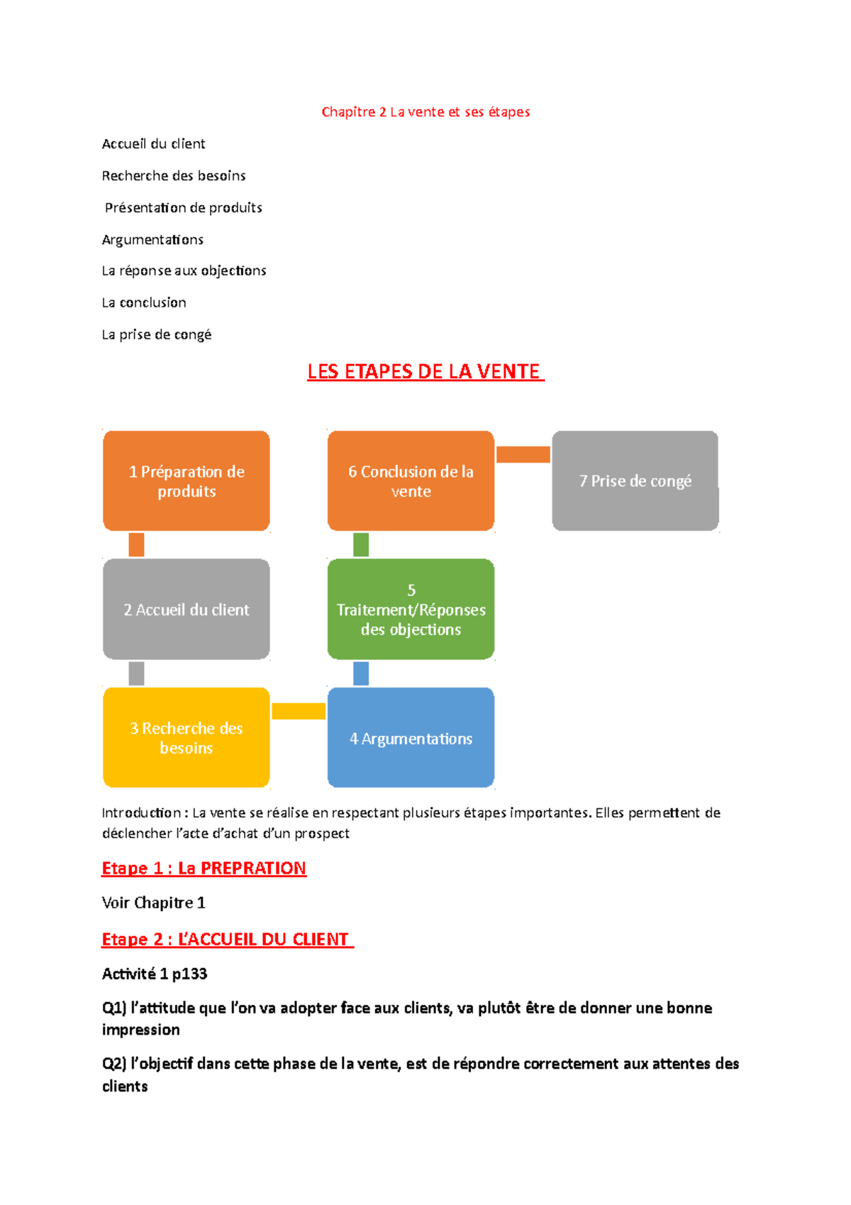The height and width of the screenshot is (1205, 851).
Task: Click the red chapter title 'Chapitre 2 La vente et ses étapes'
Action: (x=425, y=112)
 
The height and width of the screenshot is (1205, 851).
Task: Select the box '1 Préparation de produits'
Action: (x=187, y=481)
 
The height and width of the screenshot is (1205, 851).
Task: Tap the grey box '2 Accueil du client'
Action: (x=187, y=610)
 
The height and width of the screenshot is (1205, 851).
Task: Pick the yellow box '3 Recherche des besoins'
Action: (x=187, y=737)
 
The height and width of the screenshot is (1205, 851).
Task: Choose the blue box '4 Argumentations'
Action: (x=411, y=738)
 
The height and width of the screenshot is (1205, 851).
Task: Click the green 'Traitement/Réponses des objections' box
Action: (x=411, y=610)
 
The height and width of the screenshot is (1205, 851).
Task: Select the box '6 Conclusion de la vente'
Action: (x=411, y=481)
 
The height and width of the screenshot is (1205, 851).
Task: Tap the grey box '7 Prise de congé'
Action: (x=635, y=481)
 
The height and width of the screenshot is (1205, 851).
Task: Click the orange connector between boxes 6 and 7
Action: (x=523, y=455)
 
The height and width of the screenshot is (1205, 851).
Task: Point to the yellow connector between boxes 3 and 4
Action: (x=299, y=711)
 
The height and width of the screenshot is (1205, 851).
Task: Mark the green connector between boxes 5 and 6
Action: (x=361, y=545)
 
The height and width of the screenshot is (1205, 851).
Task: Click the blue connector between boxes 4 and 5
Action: (x=361, y=673)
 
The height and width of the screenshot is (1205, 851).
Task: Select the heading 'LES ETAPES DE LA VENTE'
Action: (x=425, y=372)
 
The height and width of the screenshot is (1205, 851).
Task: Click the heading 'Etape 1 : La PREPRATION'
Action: (x=204, y=869)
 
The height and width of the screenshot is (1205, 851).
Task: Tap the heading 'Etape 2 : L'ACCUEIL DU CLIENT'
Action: (x=226, y=940)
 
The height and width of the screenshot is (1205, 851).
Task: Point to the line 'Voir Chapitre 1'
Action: (x=153, y=903)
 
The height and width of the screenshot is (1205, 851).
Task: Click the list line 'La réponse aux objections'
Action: (x=184, y=271)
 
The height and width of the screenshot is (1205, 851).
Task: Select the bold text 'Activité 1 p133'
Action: (x=155, y=974)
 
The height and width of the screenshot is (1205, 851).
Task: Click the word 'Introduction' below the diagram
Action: (x=141, y=813)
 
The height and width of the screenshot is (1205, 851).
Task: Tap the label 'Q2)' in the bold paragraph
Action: (x=114, y=1064)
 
